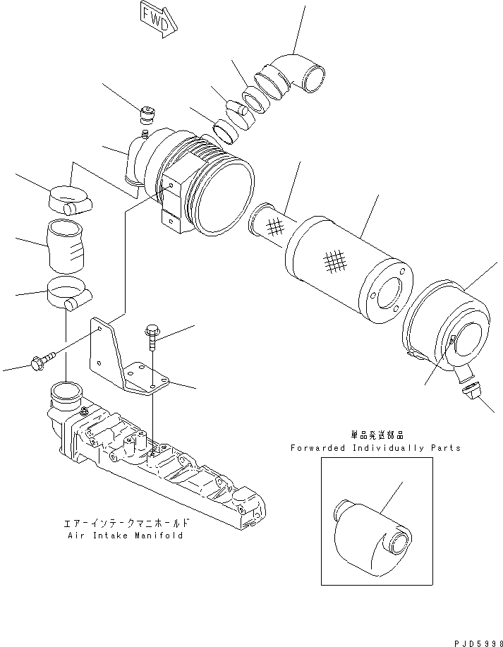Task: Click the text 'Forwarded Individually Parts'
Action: pos(375,447)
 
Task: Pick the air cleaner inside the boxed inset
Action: pos(370,532)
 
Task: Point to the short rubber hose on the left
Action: pos(67,246)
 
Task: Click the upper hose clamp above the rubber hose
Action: pos(70,198)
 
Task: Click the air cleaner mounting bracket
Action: pos(123,360)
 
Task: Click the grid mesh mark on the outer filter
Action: pos(336,263)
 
